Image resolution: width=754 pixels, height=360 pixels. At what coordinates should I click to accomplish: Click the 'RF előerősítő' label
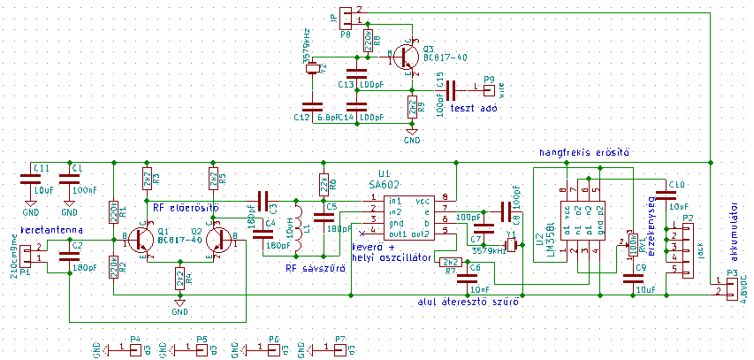(186, 207)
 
